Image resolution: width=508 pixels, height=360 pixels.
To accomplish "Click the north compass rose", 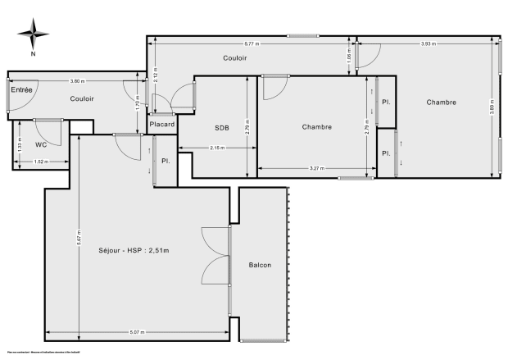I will [x=32, y=36].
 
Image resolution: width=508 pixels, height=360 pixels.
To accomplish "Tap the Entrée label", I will [x=21, y=89].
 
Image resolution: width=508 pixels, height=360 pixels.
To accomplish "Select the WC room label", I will [x=41, y=144].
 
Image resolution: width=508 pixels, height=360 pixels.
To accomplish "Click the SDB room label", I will [x=222, y=128].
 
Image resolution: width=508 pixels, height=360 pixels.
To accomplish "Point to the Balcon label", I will [x=260, y=265].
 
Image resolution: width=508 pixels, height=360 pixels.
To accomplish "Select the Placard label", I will [x=162, y=124].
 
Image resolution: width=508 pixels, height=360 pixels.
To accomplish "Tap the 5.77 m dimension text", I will [x=252, y=43].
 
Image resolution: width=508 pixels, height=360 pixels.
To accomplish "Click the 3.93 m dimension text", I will [x=426, y=43].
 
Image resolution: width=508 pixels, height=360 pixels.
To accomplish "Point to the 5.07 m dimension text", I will [x=137, y=332].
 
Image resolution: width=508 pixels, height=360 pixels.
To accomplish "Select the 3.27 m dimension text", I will [x=316, y=168].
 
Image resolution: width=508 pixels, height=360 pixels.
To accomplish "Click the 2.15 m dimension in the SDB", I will [x=217, y=148].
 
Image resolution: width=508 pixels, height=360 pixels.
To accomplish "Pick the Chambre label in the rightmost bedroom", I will [x=441, y=103].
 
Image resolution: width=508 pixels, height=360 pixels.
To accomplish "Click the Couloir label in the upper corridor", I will [x=235, y=58].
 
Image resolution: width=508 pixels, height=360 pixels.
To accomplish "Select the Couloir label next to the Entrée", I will [x=81, y=98].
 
